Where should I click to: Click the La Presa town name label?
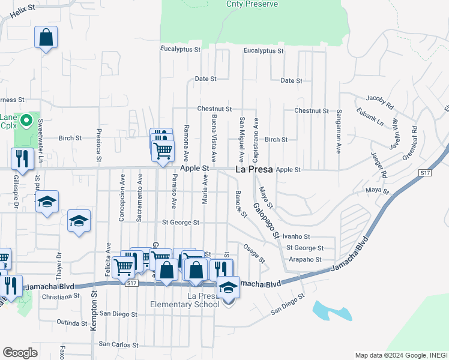coord(253,170)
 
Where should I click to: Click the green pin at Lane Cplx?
coord(26,121)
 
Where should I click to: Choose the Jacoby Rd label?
coord(378,101)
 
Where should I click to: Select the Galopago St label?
coord(266,220)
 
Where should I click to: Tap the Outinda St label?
coord(73,323)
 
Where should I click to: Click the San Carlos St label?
coord(119,345)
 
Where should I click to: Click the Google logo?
coord(20,353)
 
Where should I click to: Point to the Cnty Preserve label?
coord(252,4)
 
